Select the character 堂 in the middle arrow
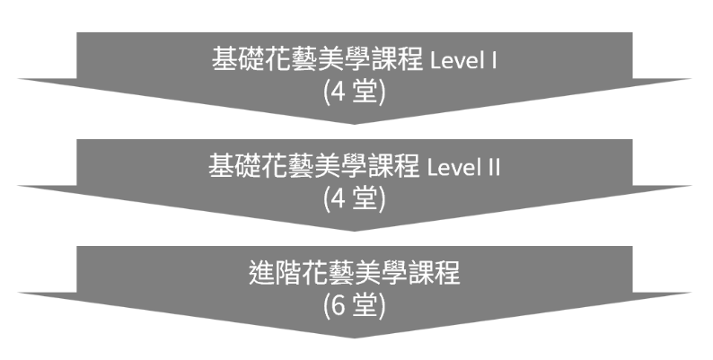tap(366, 198)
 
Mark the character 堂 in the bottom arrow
tap(366, 305)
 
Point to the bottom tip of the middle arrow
tap(356, 231)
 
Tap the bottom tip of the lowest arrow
tap(356, 338)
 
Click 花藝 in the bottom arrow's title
tap(330, 273)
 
